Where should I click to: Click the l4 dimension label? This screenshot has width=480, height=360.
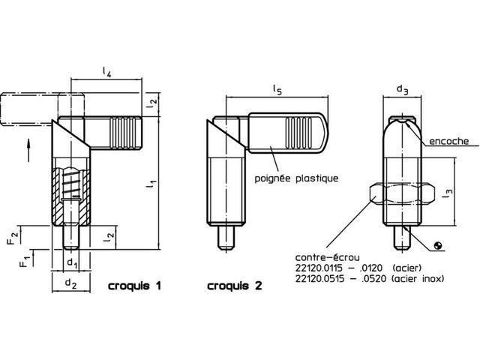106,72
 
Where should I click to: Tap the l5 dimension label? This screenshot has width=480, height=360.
277,90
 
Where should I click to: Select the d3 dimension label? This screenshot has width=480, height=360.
403,89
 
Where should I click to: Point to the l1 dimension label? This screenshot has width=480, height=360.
151,184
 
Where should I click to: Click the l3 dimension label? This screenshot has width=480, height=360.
447,193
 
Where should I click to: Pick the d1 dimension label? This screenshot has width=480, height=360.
72,263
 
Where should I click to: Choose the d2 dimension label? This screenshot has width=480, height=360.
70,283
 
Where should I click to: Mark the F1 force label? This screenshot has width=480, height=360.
25,260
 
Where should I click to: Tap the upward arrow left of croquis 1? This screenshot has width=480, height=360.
28,150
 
